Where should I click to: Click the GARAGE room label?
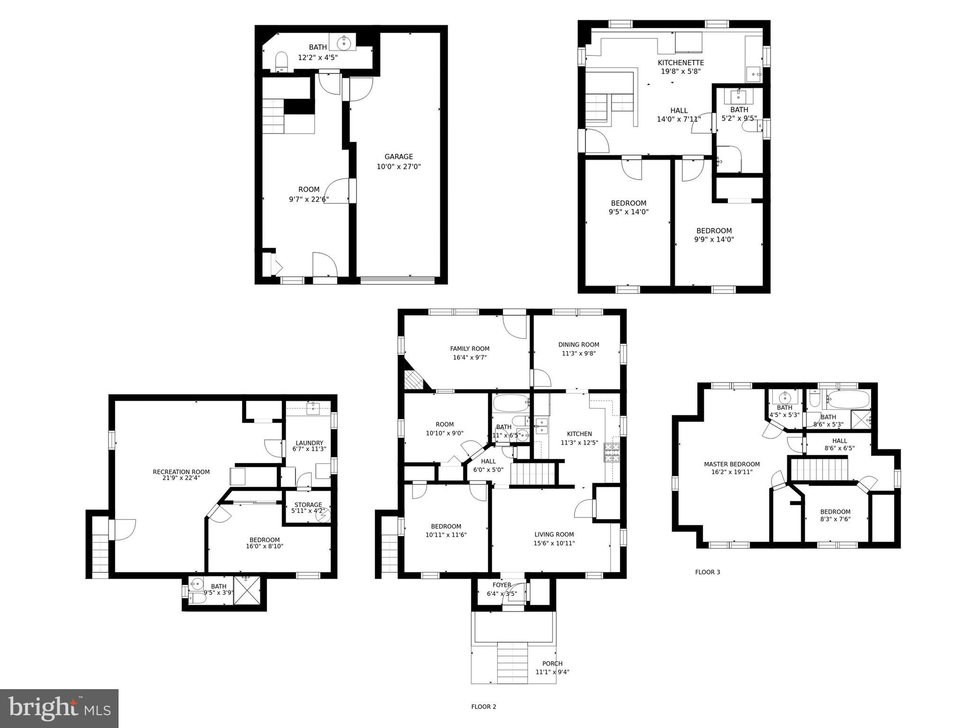pyautogui.click(x=398, y=156)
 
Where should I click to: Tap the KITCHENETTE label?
pyautogui.click(x=680, y=63)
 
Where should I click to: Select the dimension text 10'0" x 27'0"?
pyautogui.click(x=398, y=167)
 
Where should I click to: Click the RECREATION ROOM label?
pyautogui.click(x=181, y=472)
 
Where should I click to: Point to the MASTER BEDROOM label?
pyautogui.click(x=732, y=464)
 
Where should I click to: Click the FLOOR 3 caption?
pyautogui.click(x=707, y=572)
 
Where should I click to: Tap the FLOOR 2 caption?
pyautogui.click(x=483, y=707)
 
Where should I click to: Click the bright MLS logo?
pyautogui.click(x=59, y=709)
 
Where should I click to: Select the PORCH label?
pyautogui.click(x=552, y=664)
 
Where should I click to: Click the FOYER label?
pyautogui.click(x=502, y=585)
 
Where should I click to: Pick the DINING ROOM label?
pyautogui.click(x=578, y=345)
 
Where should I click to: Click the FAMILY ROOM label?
pyautogui.click(x=469, y=348)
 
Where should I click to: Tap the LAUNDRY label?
pyautogui.click(x=309, y=443)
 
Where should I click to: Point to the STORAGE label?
pyautogui.click(x=308, y=505)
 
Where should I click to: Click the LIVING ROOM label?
pyautogui.click(x=554, y=534)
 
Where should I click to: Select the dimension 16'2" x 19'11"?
pyautogui.click(x=732, y=472)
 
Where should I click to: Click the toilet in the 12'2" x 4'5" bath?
pyautogui.click(x=281, y=62)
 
